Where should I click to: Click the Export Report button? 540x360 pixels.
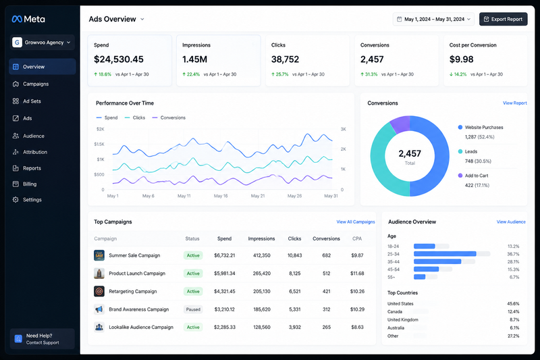pos(503,20)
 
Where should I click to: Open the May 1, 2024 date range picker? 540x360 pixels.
pos(433,20)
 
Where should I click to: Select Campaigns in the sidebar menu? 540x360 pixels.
pos(36,84)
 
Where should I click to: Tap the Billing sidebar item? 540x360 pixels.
pos(30,184)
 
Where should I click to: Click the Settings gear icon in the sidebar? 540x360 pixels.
pos(16,200)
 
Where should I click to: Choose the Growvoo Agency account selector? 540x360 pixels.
pos(43,43)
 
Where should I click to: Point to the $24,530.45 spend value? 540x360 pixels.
pos(119,59)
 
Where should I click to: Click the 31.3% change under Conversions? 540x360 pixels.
pos(369,74)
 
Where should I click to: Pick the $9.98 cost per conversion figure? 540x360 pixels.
pos(461,59)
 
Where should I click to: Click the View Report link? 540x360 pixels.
pos(514,103)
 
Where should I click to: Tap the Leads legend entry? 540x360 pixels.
pos(470,151)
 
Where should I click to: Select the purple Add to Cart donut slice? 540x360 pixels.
pos(400,124)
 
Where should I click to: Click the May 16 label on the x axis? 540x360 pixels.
pos(221,196)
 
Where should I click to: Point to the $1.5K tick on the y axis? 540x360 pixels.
pos(99,145)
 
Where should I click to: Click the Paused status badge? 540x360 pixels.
pos(193,309)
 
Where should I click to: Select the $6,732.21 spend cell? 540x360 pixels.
pos(225,255)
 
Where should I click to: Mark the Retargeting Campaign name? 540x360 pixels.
pos(132,292)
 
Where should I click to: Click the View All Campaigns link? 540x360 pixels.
pos(356,222)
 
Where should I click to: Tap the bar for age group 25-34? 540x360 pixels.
pos(445,254)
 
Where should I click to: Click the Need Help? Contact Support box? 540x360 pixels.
pos(43,338)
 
